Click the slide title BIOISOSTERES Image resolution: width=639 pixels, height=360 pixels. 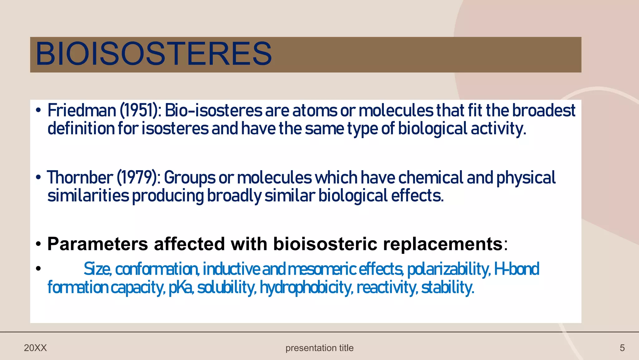[154, 54]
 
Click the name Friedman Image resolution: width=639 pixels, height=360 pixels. [82, 111]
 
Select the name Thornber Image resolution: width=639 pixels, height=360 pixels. [80, 178]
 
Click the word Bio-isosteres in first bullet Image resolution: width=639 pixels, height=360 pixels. [213, 111]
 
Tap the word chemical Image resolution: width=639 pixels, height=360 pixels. [431, 178]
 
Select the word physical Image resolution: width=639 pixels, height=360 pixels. [526, 178]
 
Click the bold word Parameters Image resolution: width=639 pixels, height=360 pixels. [98, 244]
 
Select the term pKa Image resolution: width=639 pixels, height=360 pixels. [181, 287]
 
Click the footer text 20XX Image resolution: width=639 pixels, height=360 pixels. [35, 348]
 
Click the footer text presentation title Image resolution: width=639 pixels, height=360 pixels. [319, 348]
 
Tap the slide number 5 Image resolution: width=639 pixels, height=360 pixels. [622, 348]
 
